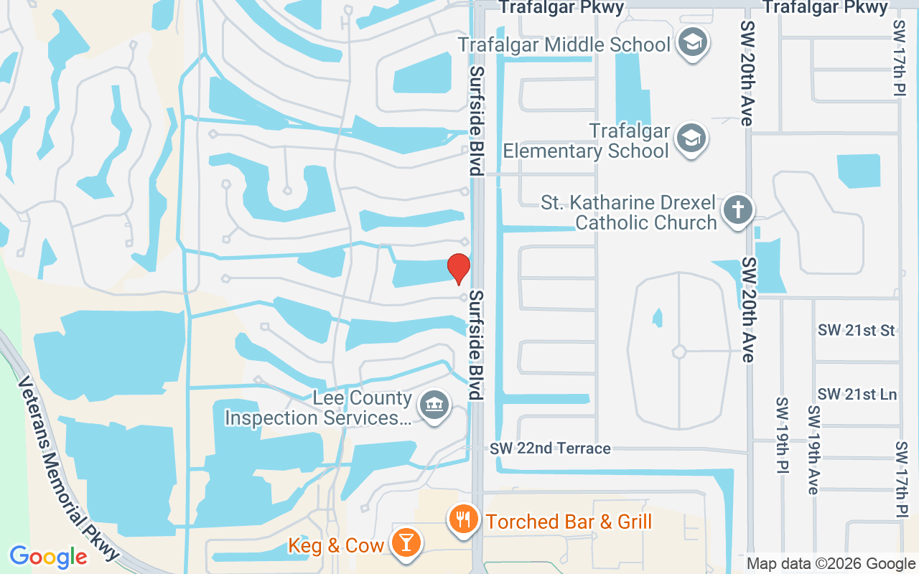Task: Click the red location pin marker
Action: [x=458, y=269]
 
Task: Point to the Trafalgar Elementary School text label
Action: [x=586, y=141]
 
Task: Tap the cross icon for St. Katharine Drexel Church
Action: [x=737, y=210]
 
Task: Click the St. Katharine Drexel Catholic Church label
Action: [x=629, y=212]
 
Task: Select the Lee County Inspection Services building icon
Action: [x=434, y=405]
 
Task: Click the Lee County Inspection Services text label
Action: [x=319, y=408]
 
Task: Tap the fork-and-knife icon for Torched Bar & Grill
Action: [x=464, y=519]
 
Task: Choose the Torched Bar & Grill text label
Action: [x=569, y=521]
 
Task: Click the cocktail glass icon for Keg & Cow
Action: [x=406, y=542]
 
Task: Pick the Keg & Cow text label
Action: [x=336, y=545]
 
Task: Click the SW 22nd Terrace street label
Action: [x=551, y=448]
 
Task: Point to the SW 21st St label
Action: [x=857, y=330]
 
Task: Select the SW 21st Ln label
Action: [x=857, y=394]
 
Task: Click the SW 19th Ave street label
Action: [x=813, y=450]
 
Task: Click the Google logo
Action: [x=48, y=556]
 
